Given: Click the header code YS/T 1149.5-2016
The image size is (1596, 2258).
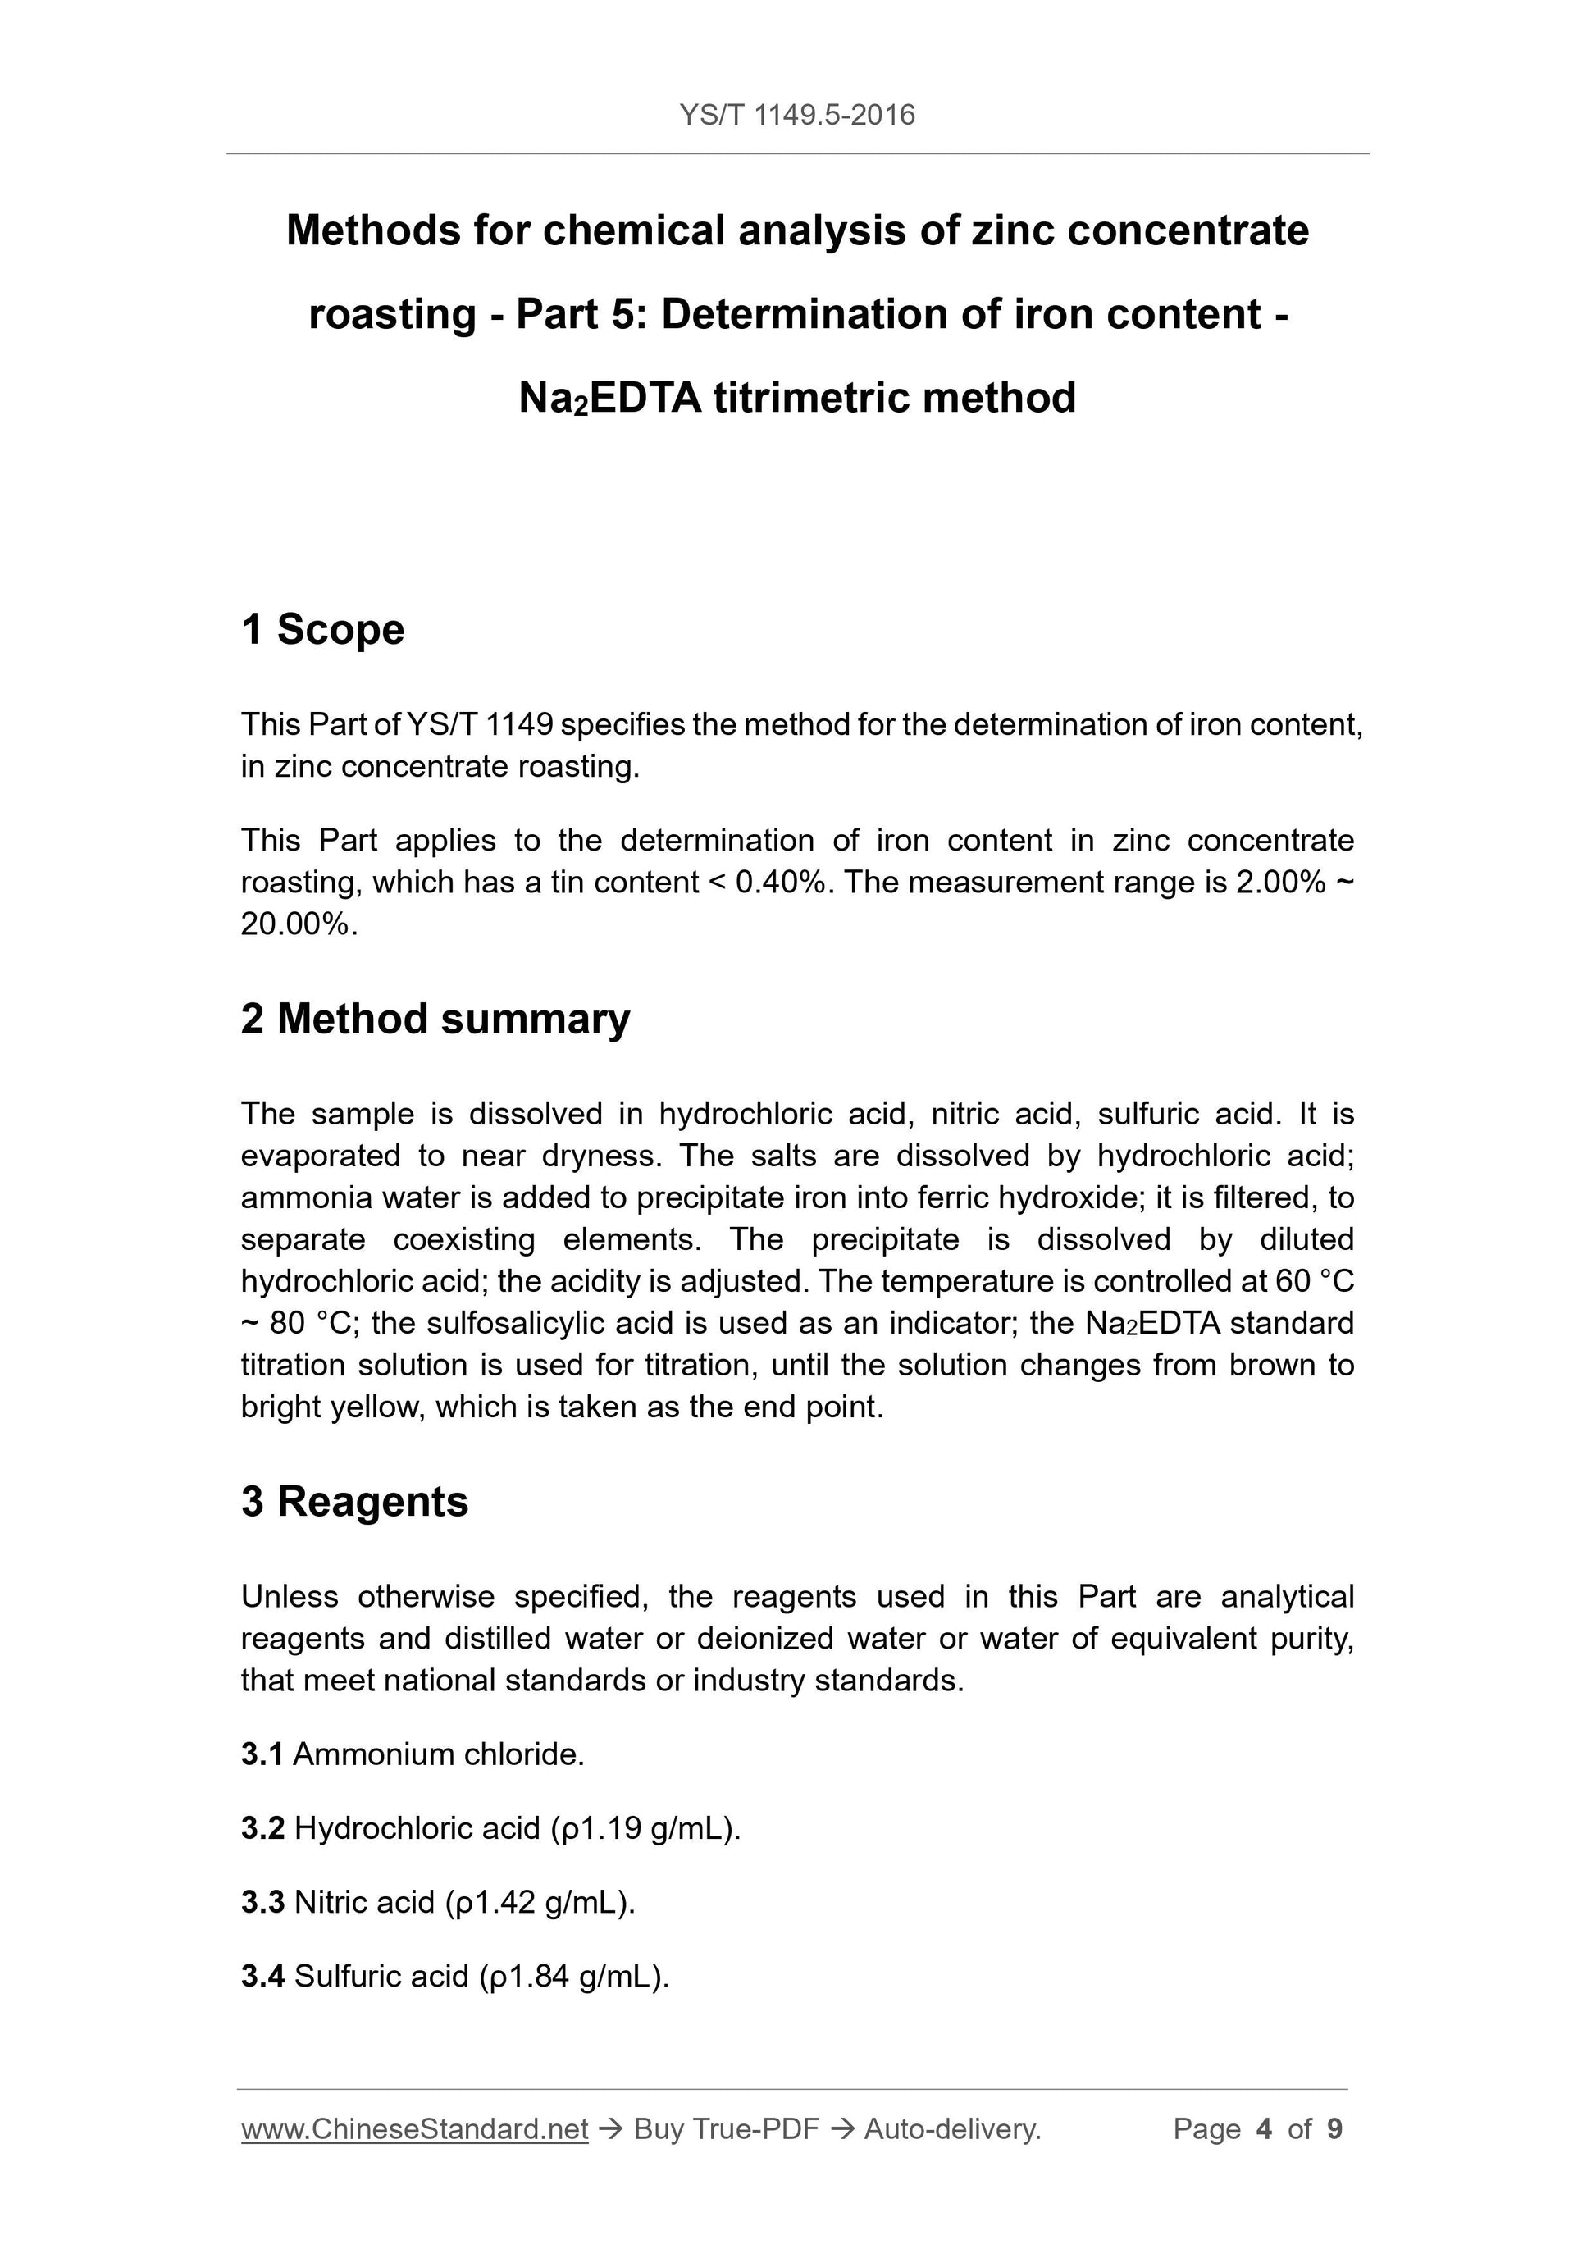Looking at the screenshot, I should (x=796, y=115).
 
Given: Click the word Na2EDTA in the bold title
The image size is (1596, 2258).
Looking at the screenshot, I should (x=609, y=399).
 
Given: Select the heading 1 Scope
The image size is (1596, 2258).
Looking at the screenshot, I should (x=322, y=629).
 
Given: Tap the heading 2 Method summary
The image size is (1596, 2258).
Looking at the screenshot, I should (x=435, y=1019).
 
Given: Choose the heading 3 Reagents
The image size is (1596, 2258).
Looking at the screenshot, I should (x=354, y=1502).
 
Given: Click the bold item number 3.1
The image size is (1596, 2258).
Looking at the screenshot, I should (x=262, y=1754).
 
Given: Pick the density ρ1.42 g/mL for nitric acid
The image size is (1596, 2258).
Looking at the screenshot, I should (x=537, y=1902).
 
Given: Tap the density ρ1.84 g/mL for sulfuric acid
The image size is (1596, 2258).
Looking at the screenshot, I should (x=572, y=1976).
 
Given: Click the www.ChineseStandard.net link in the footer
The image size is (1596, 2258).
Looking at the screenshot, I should (x=414, y=2129).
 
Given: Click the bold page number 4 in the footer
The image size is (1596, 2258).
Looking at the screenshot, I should (x=1264, y=2129).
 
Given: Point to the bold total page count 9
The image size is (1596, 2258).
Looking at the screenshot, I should (x=1334, y=2129).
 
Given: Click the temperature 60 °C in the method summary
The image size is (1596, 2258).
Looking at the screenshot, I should (x=1315, y=1281).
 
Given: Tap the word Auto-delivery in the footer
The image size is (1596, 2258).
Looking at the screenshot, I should (x=951, y=2129).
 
